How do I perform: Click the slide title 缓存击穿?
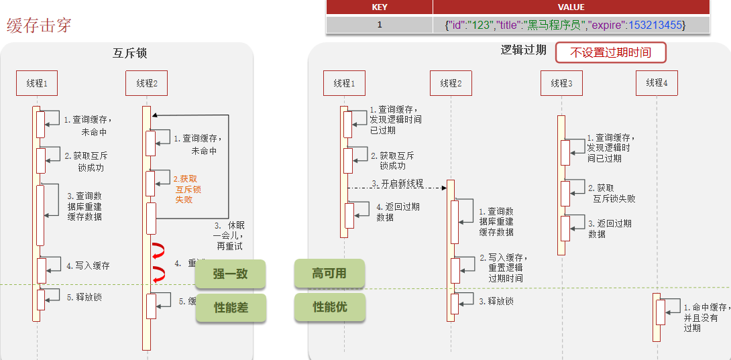pos(39,25)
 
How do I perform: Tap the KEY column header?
pos(379,7)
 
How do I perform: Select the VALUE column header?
pos(571,7)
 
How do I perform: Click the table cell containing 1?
pos(379,25)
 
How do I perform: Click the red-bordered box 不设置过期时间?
pos(610,52)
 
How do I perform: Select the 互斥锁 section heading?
pos(129,54)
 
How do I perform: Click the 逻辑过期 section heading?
pos(523,50)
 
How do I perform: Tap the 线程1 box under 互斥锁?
pos(37,83)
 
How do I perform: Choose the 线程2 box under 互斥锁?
pos(146,83)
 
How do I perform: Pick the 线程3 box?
pos(561,83)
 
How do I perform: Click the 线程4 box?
pos(657,82)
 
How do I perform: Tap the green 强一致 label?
pos(230,274)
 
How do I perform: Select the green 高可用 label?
pos(329,273)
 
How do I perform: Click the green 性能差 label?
pos(230,308)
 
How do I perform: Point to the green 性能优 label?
pos(329,307)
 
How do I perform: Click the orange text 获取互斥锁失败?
pos(188,189)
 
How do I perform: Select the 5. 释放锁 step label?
pos(84,297)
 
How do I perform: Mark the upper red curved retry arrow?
pos(159,251)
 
